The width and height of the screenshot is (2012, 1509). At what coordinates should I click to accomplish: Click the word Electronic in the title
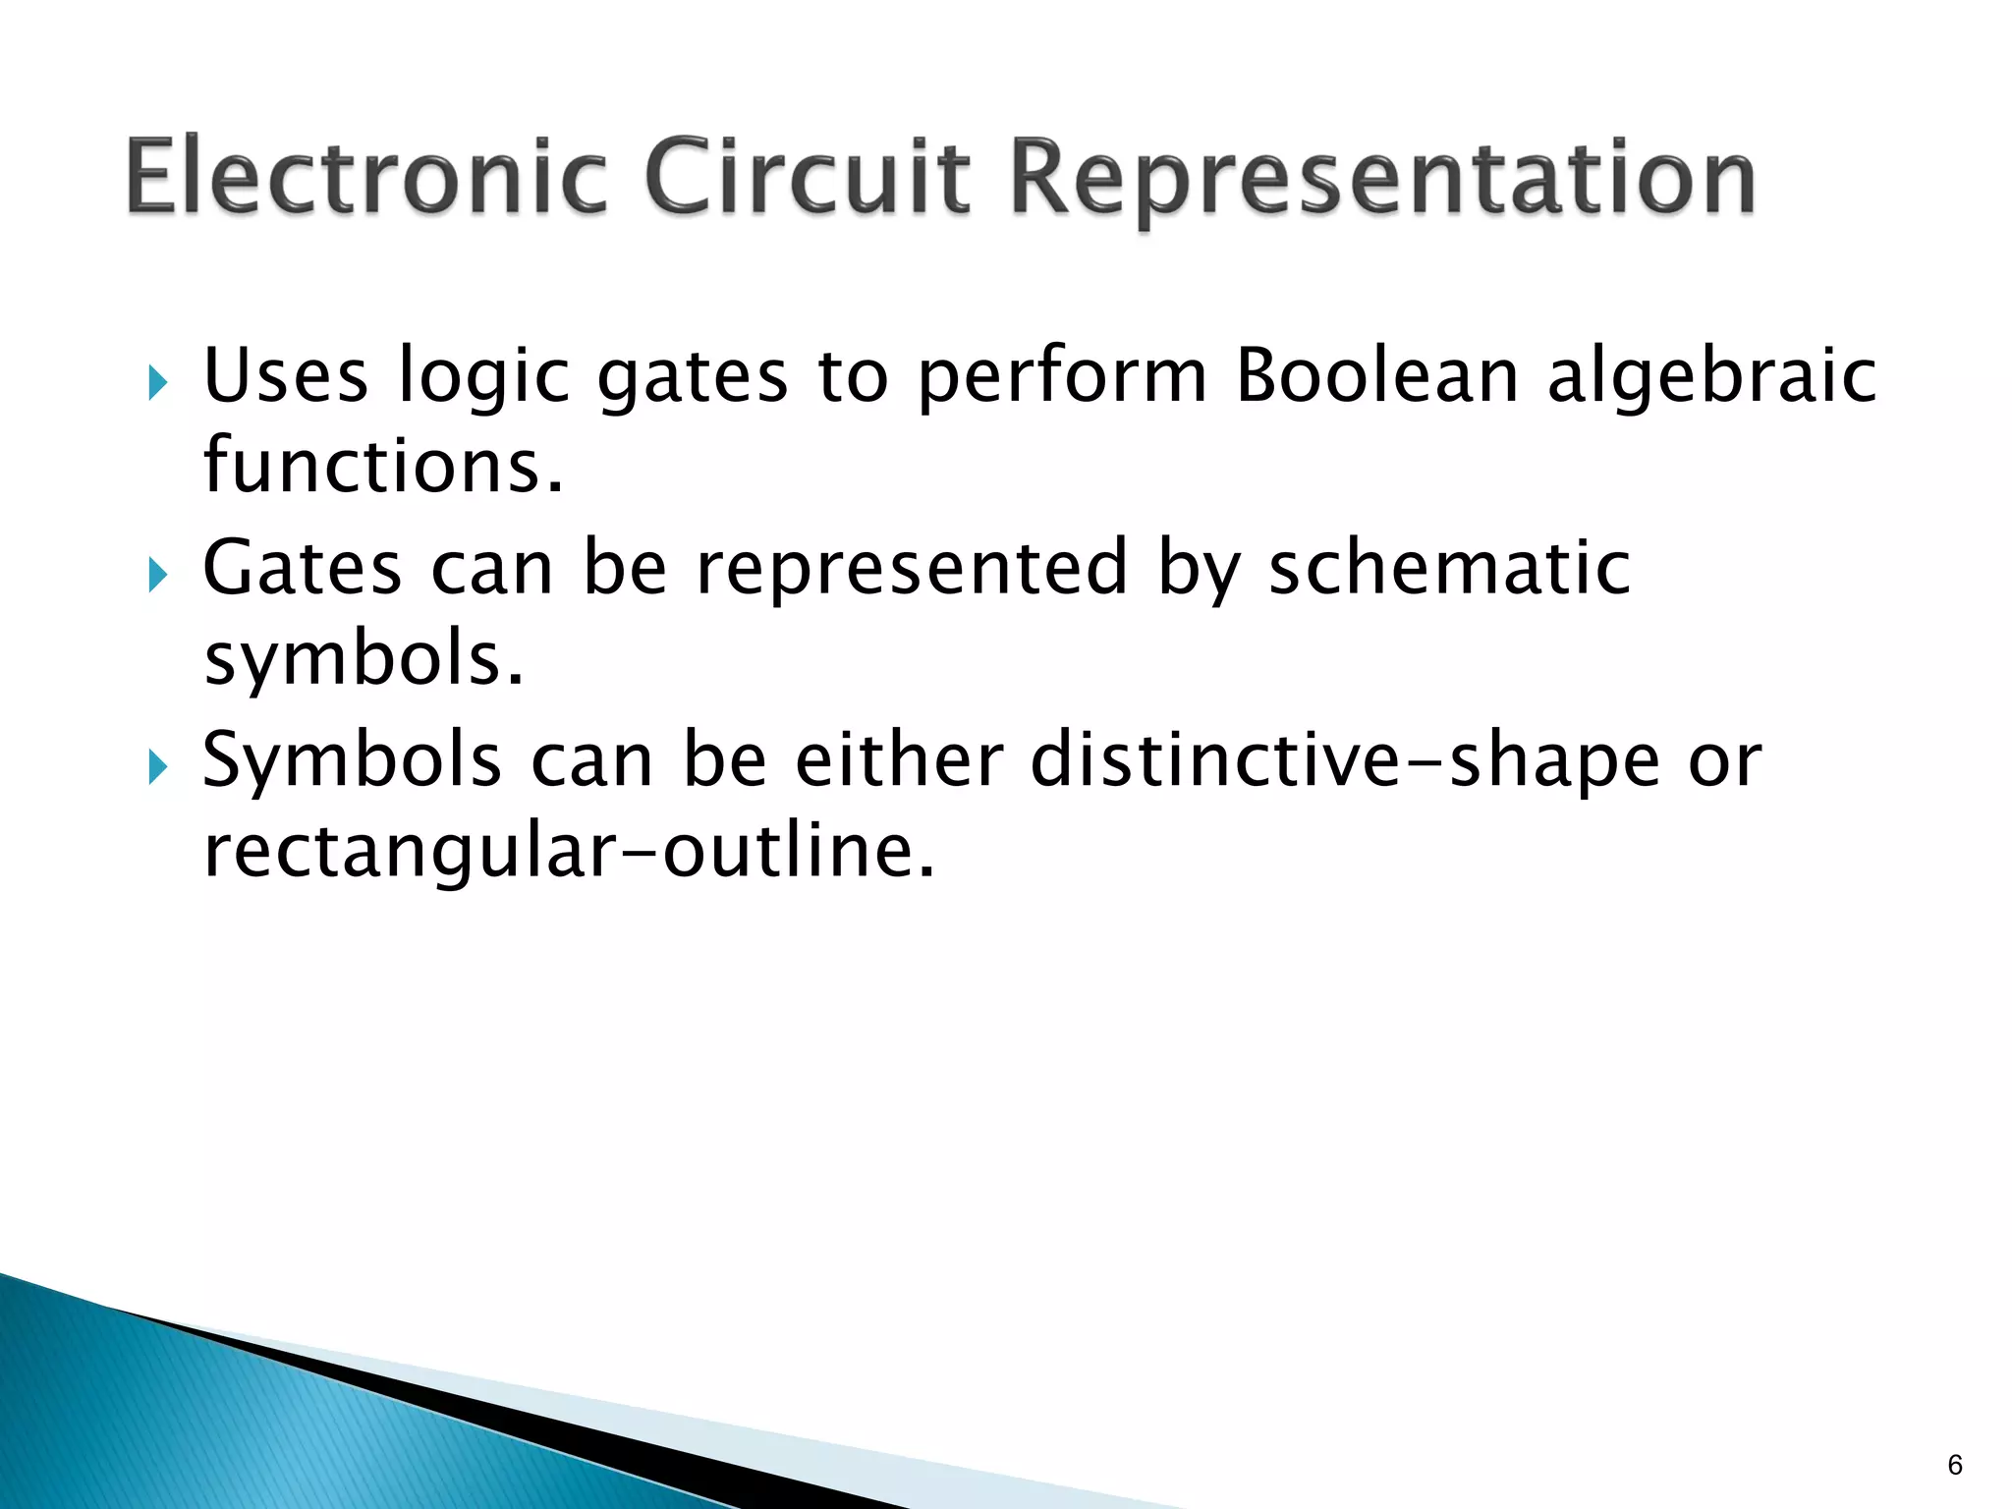[367, 177]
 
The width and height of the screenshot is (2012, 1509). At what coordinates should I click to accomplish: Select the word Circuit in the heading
[809, 177]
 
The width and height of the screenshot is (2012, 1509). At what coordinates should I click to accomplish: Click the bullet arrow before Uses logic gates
[158, 382]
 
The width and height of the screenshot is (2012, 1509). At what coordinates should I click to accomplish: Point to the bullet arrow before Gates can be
[158, 574]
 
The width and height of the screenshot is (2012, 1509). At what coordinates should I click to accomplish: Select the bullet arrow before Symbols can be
[158, 765]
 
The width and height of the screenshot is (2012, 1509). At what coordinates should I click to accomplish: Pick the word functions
[384, 465]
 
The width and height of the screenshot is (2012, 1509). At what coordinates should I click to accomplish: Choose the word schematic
[1450, 567]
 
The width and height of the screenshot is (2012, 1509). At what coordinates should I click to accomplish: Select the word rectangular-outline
[569, 850]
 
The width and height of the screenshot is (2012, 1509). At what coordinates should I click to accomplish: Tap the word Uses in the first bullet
[285, 375]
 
